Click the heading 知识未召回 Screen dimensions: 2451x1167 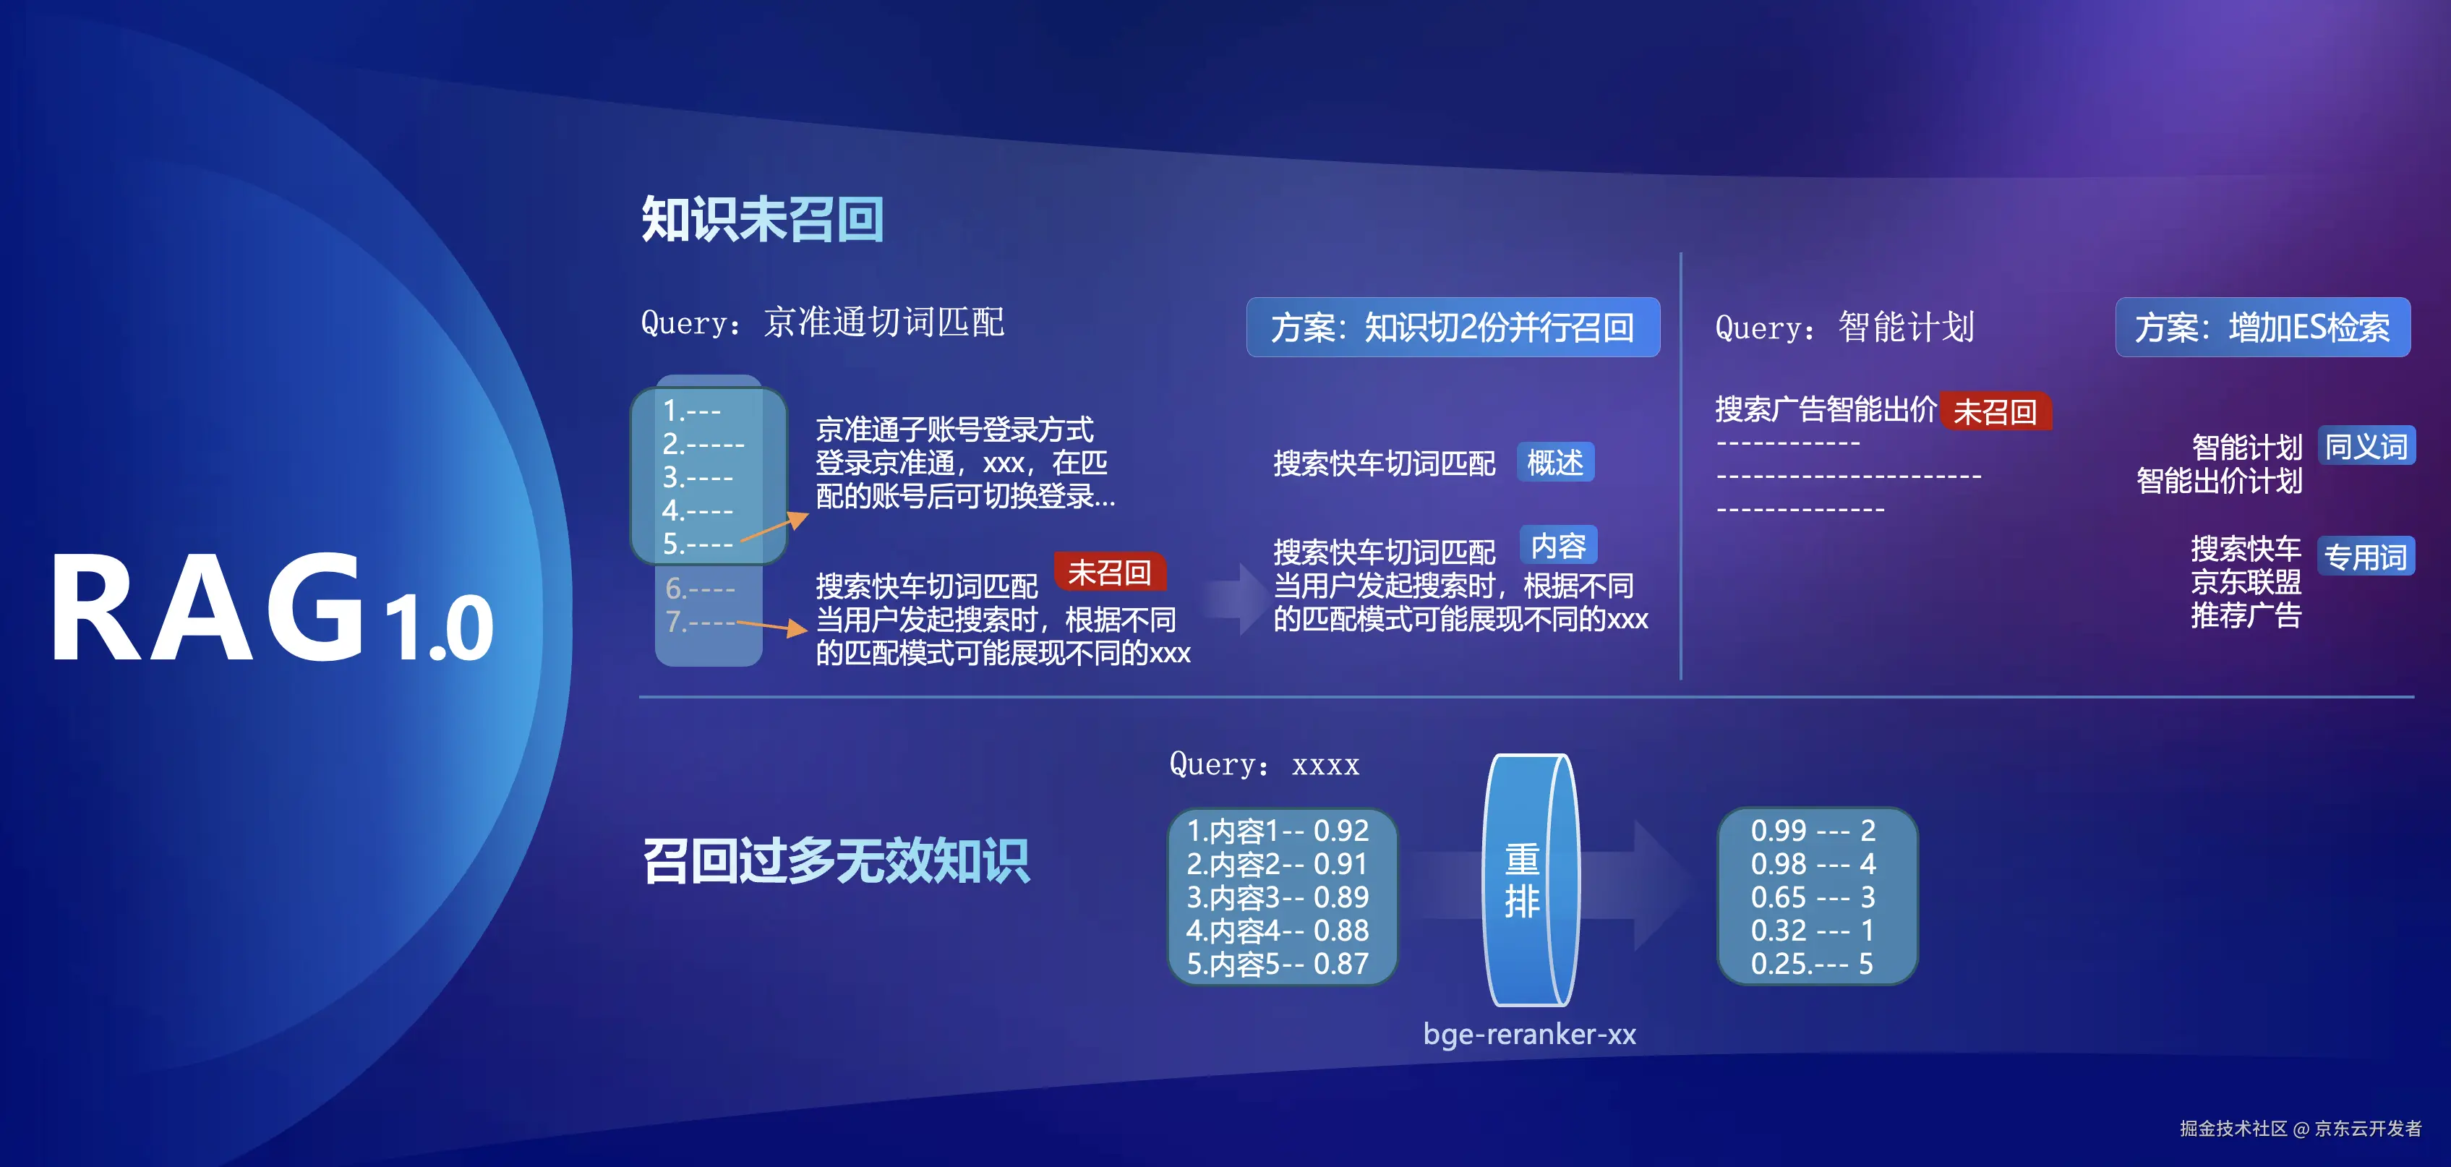tap(762, 219)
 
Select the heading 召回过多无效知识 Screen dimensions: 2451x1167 tap(835, 860)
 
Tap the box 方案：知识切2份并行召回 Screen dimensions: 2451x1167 tap(1453, 328)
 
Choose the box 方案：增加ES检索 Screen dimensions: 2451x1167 tap(2262, 328)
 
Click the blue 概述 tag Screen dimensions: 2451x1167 tap(1554, 463)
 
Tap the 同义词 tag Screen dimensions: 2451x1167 tap(2366, 446)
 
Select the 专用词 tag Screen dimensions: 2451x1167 tap(2366, 557)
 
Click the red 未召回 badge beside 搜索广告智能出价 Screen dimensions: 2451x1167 tap(1996, 411)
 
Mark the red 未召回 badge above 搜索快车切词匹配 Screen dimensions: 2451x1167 tap(1109, 572)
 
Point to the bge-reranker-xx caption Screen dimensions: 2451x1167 tap(1530, 1034)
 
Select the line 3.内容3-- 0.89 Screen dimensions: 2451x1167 tap(1277, 897)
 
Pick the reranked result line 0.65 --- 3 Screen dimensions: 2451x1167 tap(1813, 897)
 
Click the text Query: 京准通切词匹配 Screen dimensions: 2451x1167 tap(822, 322)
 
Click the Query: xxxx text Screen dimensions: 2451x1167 tap(1265, 764)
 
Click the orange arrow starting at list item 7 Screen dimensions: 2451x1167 tap(771, 626)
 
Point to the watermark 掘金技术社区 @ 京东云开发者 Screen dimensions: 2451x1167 tap(2301, 1128)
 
